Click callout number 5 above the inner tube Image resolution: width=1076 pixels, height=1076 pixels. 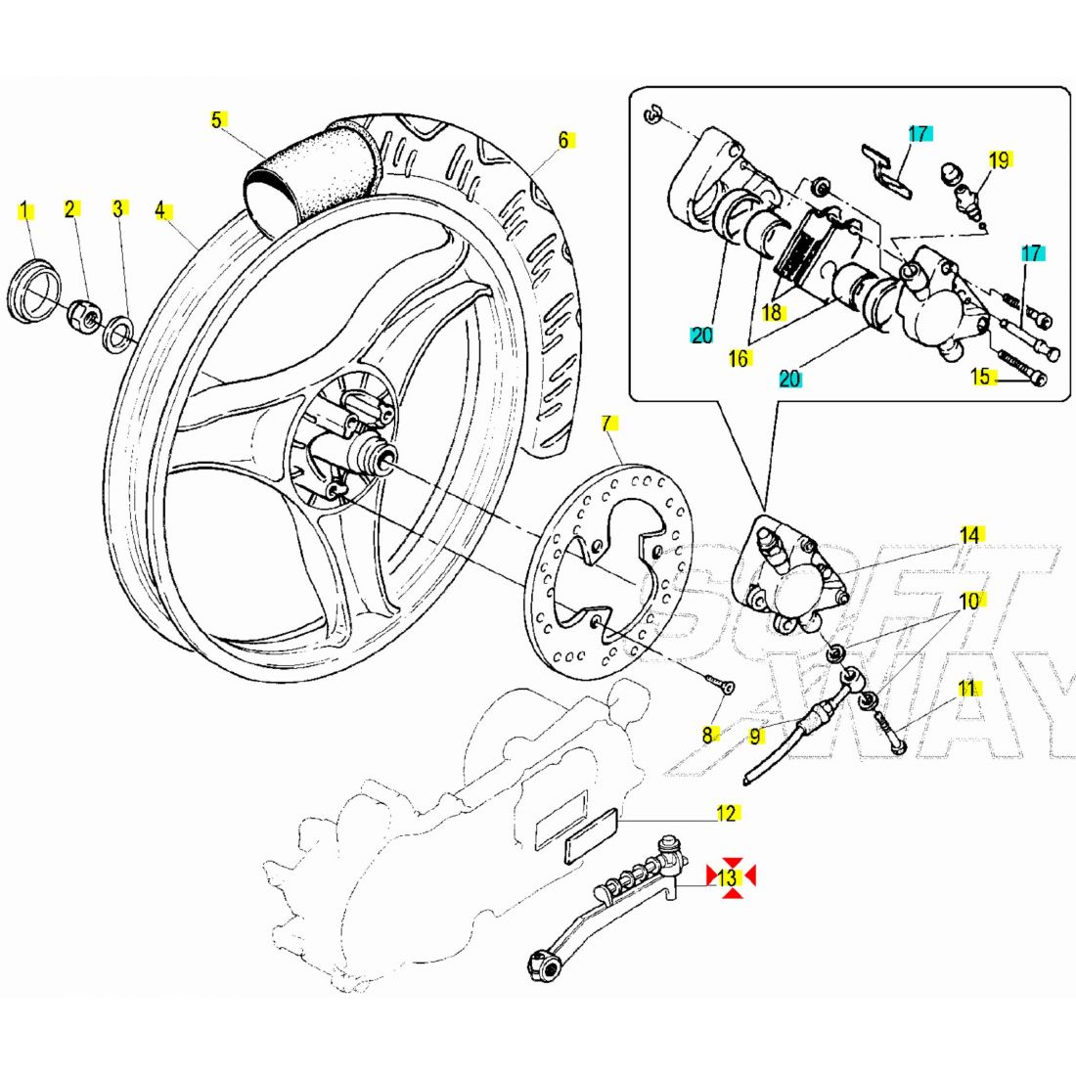click(217, 121)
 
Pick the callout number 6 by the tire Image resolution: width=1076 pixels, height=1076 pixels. click(563, 141)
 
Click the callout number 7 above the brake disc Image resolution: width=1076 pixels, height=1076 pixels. click(607, 424)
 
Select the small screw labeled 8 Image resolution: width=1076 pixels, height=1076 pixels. click(722, 686)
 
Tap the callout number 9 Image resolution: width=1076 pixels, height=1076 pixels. click(755, 737)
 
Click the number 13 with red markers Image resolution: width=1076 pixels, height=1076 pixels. click(728, 876)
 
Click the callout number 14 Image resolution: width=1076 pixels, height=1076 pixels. click(968, 534)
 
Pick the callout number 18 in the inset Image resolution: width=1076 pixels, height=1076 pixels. click(773, 312)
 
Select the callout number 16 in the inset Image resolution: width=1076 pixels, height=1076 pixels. click(739, 359)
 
